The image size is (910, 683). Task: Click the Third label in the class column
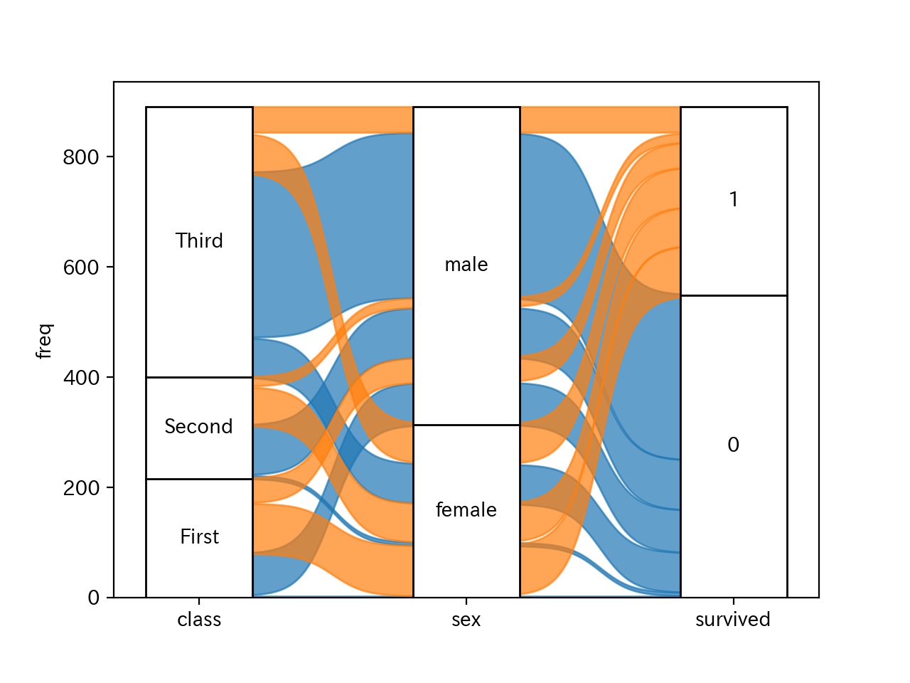point(199,240)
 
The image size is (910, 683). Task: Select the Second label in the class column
point(198,426)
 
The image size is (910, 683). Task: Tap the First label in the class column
point(199,536)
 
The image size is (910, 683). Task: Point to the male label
point(466,265)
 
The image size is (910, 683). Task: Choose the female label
point(466,509)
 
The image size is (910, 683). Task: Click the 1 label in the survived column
point(733,199)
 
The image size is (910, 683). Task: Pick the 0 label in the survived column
point(733,445)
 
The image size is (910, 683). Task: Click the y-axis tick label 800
point(80,157)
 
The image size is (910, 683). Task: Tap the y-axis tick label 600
point(80,268)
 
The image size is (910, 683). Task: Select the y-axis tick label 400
point(80,378)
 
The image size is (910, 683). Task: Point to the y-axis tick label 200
point(80,488)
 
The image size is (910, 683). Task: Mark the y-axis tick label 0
point(93,598)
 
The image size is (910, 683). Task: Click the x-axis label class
point(199,620)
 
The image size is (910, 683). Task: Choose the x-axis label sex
point(466,620)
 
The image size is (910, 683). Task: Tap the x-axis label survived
point(733,620)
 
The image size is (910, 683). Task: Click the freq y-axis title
point(44,341)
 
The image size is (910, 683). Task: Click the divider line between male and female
point(466,425)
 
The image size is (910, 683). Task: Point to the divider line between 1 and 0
point(733,295)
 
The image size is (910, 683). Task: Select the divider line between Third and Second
point(199,377)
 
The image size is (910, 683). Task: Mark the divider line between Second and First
point(199,479)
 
